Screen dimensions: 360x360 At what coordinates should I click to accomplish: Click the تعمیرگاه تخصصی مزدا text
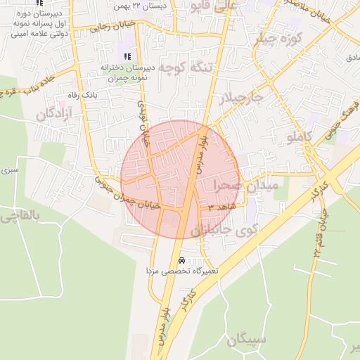(x=182, y=271)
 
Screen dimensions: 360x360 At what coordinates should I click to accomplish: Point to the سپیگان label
(x=246, y=340)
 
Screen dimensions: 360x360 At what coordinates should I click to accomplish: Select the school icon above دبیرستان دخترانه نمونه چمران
(x=127, y=56)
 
